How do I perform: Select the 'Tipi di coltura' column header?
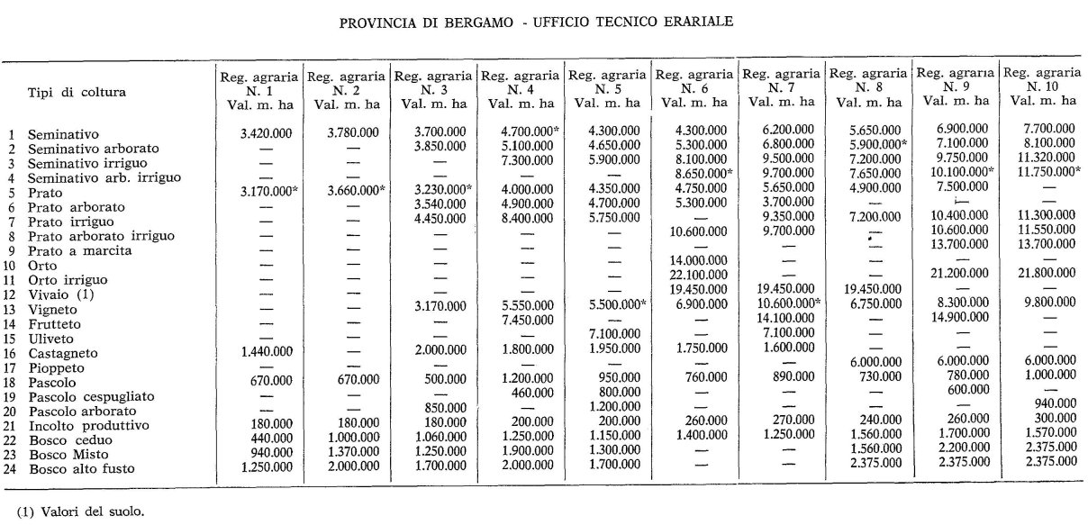tap(77, 91)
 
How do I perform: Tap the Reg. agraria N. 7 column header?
tap(780, 89)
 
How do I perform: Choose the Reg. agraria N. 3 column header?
tap(433, 89)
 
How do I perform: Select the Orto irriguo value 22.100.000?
tap(694, 274)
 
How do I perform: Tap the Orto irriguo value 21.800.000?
tap(1042, 273)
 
